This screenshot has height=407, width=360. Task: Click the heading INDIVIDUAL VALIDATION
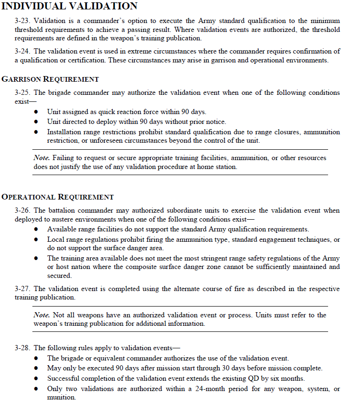70,6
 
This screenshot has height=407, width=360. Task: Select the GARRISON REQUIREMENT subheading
50,79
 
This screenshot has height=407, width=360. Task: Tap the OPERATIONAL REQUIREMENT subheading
58,197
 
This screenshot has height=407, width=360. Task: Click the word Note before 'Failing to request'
42,158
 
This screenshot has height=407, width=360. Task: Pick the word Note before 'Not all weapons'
42,315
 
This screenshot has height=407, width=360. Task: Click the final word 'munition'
61,397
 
